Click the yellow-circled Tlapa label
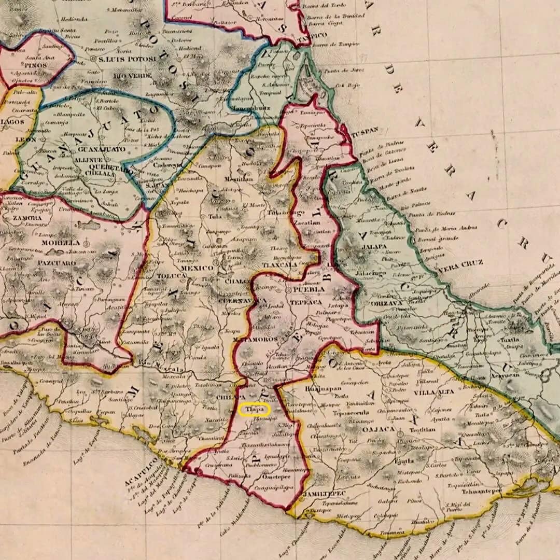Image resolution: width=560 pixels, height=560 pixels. (255, 410)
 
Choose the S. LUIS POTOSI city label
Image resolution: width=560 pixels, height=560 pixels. (127, 59)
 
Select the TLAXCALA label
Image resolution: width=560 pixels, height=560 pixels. (280, 264)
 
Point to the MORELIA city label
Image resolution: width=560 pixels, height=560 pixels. (61, 242)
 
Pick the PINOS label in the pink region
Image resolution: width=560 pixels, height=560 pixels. (34, 65)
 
